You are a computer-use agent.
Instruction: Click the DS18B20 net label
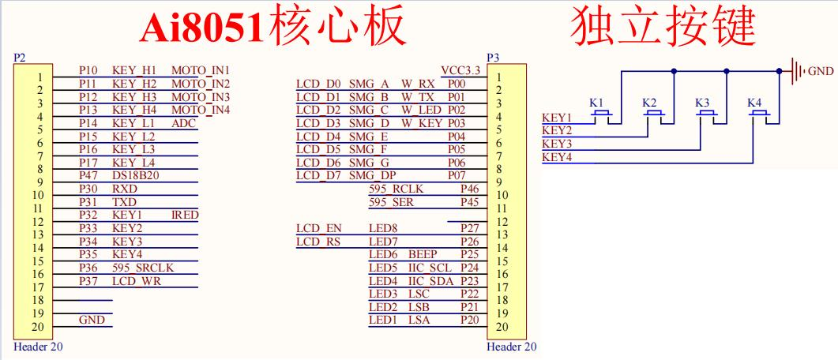click(135, 175)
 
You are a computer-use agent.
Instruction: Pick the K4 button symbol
click(761, 114)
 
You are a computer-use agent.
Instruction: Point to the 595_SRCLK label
click(142, 268)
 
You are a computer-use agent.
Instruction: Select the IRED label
click(185, 215)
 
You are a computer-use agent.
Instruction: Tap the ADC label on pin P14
click(183, 122)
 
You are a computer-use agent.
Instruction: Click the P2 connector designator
click(21, 57)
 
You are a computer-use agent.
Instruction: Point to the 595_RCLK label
click(396, 189)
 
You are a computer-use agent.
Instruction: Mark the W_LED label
click(420, 109)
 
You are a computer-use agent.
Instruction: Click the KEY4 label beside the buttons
click(557, 158)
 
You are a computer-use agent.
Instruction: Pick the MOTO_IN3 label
click(200, 96)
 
